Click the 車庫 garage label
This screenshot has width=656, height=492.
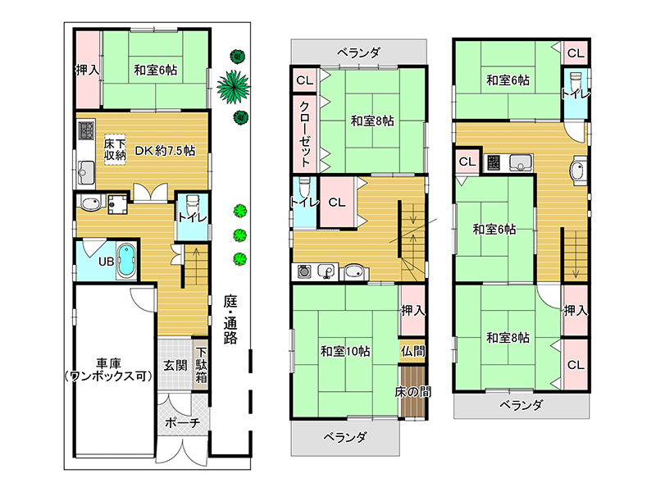click(110, 362)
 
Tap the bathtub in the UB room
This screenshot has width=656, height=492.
click(126, 261)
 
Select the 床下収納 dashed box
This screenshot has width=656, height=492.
click(115, 149)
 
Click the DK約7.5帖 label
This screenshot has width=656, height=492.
click(165, 151)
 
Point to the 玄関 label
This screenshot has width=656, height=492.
click(175, 365)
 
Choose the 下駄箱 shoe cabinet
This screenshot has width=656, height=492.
click(201, 364)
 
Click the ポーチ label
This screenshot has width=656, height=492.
click(182, 422)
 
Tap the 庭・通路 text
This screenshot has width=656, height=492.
click(230, 319)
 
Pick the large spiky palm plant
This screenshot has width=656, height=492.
click(234, 87)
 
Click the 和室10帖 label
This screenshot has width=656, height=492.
click(345, 351)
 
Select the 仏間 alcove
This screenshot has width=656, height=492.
click(412, 351)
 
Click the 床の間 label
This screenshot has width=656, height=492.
click(412, 392)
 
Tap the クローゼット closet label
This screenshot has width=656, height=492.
click(305, 134)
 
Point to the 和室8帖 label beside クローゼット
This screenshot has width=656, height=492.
click(372, 121)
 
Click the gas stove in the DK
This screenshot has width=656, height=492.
click(86, 130)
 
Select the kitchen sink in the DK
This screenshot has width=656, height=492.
click(86, 171)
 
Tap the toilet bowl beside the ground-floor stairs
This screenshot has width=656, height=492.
click(193, 203)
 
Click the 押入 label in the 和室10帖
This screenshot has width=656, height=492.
click(412, 311)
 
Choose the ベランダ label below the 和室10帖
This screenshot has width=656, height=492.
click(345, 437)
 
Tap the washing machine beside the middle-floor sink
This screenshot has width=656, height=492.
click(304, 271)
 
